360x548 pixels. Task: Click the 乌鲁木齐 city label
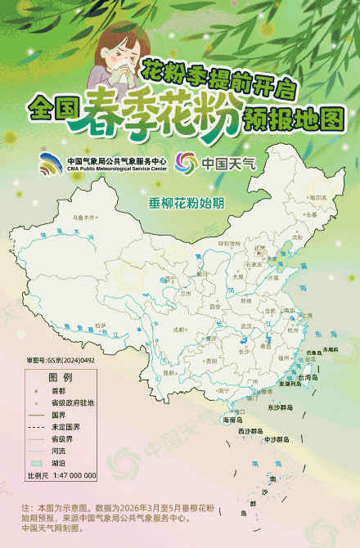(x=83, y=218)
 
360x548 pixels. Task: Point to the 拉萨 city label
(x=101, y=325)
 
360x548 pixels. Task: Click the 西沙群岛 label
(x=250, y=430)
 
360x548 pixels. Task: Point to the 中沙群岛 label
(x=277, y=439)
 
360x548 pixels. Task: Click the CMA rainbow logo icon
(x=52, y=163)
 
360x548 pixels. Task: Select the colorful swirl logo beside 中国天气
(x=186, y=162)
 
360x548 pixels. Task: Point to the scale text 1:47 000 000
(x=74, y=474)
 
